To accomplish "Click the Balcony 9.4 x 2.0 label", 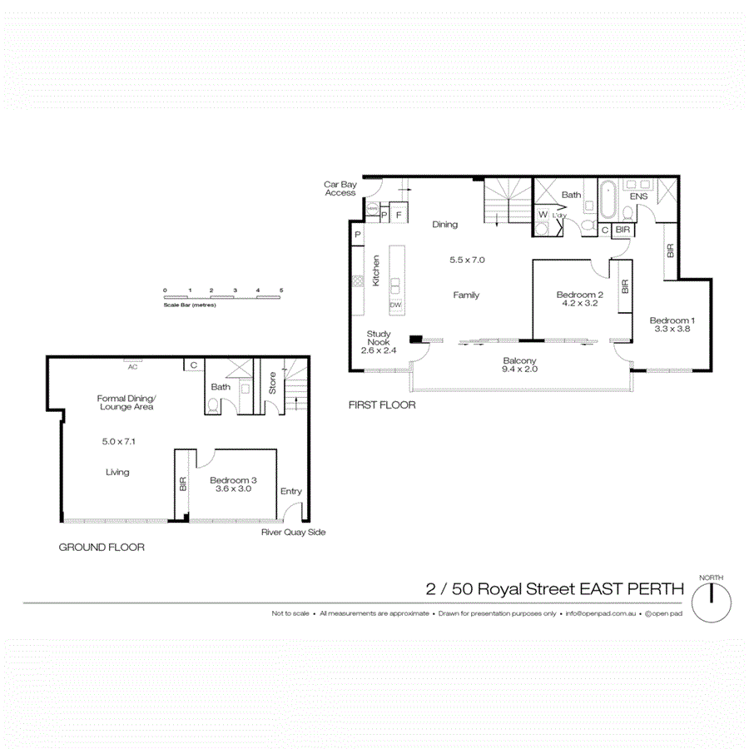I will (x=520, y=365).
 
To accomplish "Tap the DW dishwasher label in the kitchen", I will (x=395, y=305).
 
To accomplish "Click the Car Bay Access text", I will (x=340, y=188).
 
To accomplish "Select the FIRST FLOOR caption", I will (x=383, y=405).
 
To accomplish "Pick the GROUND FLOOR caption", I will (x=102, y=548).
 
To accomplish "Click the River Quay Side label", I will (x=293, y=532).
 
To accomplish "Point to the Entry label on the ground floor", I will (x=291, y=491).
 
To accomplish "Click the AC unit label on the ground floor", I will (x=131, y=364).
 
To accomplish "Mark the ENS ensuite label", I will (x=639, y=196).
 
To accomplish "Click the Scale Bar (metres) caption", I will (x=190, y=305).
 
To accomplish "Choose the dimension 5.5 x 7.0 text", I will (x=467, y=260).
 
